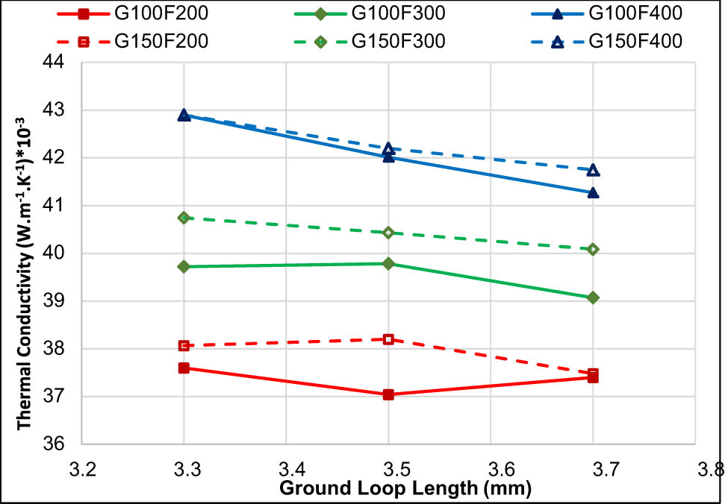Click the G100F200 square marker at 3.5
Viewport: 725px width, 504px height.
(x=388, y=394)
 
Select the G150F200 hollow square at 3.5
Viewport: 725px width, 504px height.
(x=388, y=339)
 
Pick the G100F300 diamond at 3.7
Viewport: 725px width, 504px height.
(x=593, y=297)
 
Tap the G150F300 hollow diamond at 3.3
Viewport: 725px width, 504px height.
(x=184, y=218)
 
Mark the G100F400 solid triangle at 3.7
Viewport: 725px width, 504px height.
(x=593, y=192)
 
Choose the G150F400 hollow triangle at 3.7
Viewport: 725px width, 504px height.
(x=593, y=170)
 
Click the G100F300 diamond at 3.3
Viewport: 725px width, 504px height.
(x=184, y=266)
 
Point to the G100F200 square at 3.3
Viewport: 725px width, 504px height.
(x=184, y=368)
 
